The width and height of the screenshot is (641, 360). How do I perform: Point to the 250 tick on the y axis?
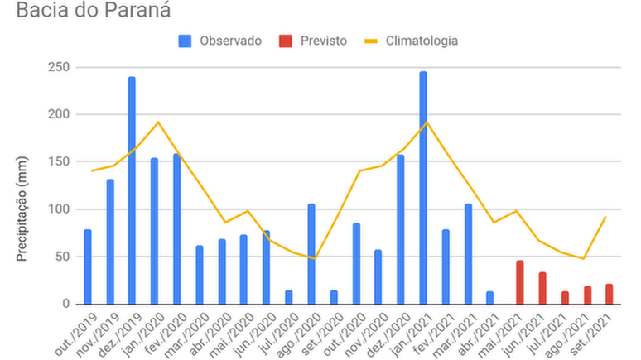pyautogui.click(x=60, y=67)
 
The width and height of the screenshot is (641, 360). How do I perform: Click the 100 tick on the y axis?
pyautogui.click(x=60, y=209)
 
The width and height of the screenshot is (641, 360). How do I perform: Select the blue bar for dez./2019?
pyautogui.click(x=132, y=190)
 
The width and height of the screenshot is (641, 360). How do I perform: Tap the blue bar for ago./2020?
pyautogui.click(x=311, y=254)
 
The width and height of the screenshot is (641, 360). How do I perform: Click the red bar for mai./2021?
pyautogui.click(x=520, y=283)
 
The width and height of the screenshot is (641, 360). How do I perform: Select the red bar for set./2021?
pyautogui.click(x=610, y=295)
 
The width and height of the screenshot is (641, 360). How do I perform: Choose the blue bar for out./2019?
pyautogui.click(x=87, y=267)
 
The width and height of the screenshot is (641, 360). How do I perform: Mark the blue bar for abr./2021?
pyautogui.click(x=490, y=298)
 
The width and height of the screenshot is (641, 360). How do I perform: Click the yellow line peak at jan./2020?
pyautogui.click(x=158, y=122)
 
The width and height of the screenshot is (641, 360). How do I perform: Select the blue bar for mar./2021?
pyautogui.click(x=468, y=254)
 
